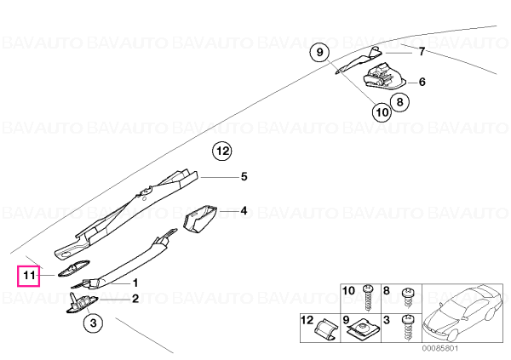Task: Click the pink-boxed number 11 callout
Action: tap(28, 276)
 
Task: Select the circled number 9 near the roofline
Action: tap(319, 52)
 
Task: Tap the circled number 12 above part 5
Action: tap(222, 151)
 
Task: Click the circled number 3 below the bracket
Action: tap(93, 323)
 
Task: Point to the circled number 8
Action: tap(400, 102)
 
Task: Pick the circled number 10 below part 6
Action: tap(382, 112)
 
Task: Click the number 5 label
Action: tap(244, 176)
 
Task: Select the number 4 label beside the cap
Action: tap(244, 211)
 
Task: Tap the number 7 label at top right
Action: tap(422, 51)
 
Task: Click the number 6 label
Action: tap(422, 82)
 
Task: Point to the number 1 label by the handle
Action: tap(135, 283)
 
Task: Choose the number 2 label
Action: tap(135, 299)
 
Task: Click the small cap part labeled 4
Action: tap(200, 219)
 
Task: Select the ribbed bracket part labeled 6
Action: tap(384, 76)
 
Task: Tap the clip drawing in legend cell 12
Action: tap(325, 329)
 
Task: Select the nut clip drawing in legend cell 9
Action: tap(363, 330)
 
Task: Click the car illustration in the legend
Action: tap(462, 313)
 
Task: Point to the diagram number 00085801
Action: tap(440, 349)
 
